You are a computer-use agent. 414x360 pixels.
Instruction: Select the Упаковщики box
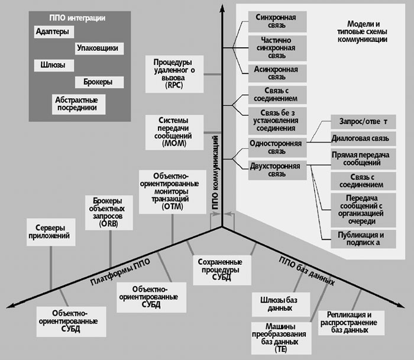[98, 48]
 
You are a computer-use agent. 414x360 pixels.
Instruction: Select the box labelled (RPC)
[176, 73]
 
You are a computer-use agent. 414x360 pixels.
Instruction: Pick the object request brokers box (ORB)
[109, 212]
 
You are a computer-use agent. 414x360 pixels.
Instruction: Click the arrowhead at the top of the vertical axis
[222, 10]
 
